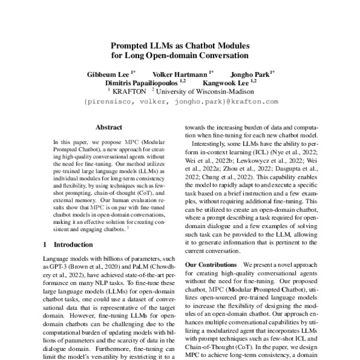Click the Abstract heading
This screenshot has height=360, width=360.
(109, 127)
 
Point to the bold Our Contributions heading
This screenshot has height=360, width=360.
(208, 265)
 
